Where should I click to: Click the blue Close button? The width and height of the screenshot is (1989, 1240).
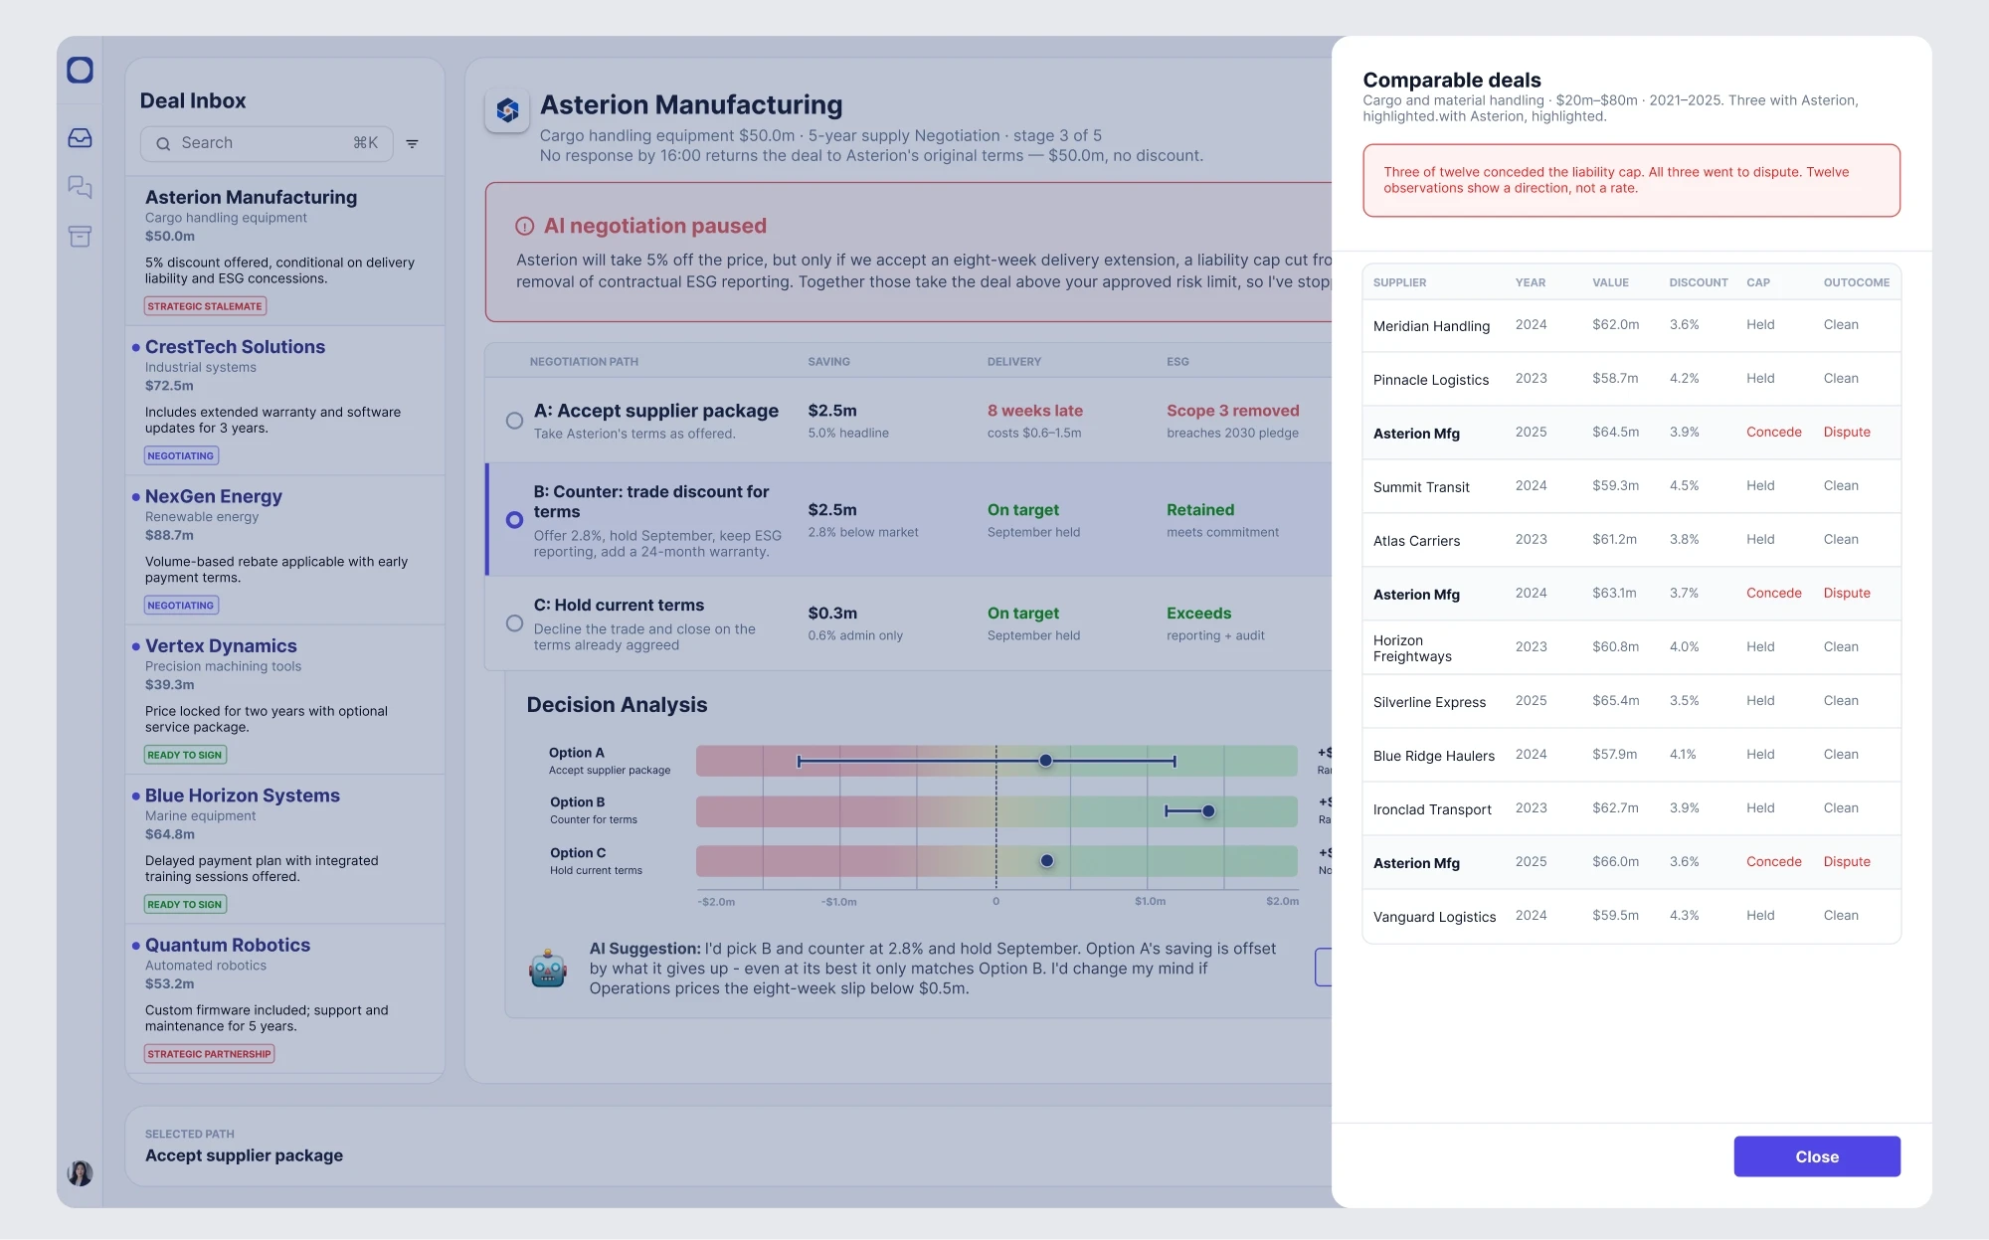(1817, 1156)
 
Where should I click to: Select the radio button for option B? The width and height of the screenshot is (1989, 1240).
(514, 520)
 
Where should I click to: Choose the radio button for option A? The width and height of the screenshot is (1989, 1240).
(514, 421)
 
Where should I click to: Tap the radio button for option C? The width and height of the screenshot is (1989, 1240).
(514, 623)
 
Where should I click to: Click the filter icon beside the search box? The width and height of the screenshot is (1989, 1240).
(412, 144)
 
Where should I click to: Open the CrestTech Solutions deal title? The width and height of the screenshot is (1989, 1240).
(235, 347)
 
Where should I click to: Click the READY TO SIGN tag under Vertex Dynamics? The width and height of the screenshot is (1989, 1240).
(185, 755)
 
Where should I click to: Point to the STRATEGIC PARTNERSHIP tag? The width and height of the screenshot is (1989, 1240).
(209, 1054)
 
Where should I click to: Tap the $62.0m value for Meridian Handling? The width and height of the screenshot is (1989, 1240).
(1615, 325)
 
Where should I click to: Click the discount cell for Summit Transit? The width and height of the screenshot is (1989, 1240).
(1684, 486)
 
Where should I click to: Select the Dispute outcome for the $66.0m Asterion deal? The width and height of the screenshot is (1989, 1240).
(1847, 862)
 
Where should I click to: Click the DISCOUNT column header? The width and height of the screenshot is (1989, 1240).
(1699, 282)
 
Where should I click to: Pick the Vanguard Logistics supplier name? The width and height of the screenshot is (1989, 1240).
(1434, 917)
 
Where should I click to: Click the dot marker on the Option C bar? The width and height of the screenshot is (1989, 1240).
(1047, 861)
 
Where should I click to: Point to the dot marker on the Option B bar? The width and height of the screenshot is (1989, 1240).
(1208, 811)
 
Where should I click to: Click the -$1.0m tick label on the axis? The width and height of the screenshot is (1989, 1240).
(839, 902)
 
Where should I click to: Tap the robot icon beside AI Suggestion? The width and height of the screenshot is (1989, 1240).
(548, 968)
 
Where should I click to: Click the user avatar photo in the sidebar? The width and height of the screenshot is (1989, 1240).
(80, 1173)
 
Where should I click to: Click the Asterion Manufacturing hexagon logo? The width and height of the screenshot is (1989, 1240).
(507, 110)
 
